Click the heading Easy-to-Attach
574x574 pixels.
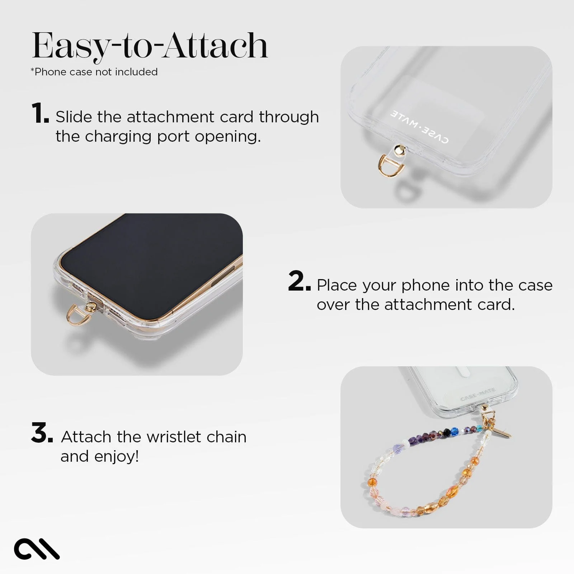150,46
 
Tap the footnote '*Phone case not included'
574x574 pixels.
94,72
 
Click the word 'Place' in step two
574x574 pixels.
337,285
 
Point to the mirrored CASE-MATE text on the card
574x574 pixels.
419,127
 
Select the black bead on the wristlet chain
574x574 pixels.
447,433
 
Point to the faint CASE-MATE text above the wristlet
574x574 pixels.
477,394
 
